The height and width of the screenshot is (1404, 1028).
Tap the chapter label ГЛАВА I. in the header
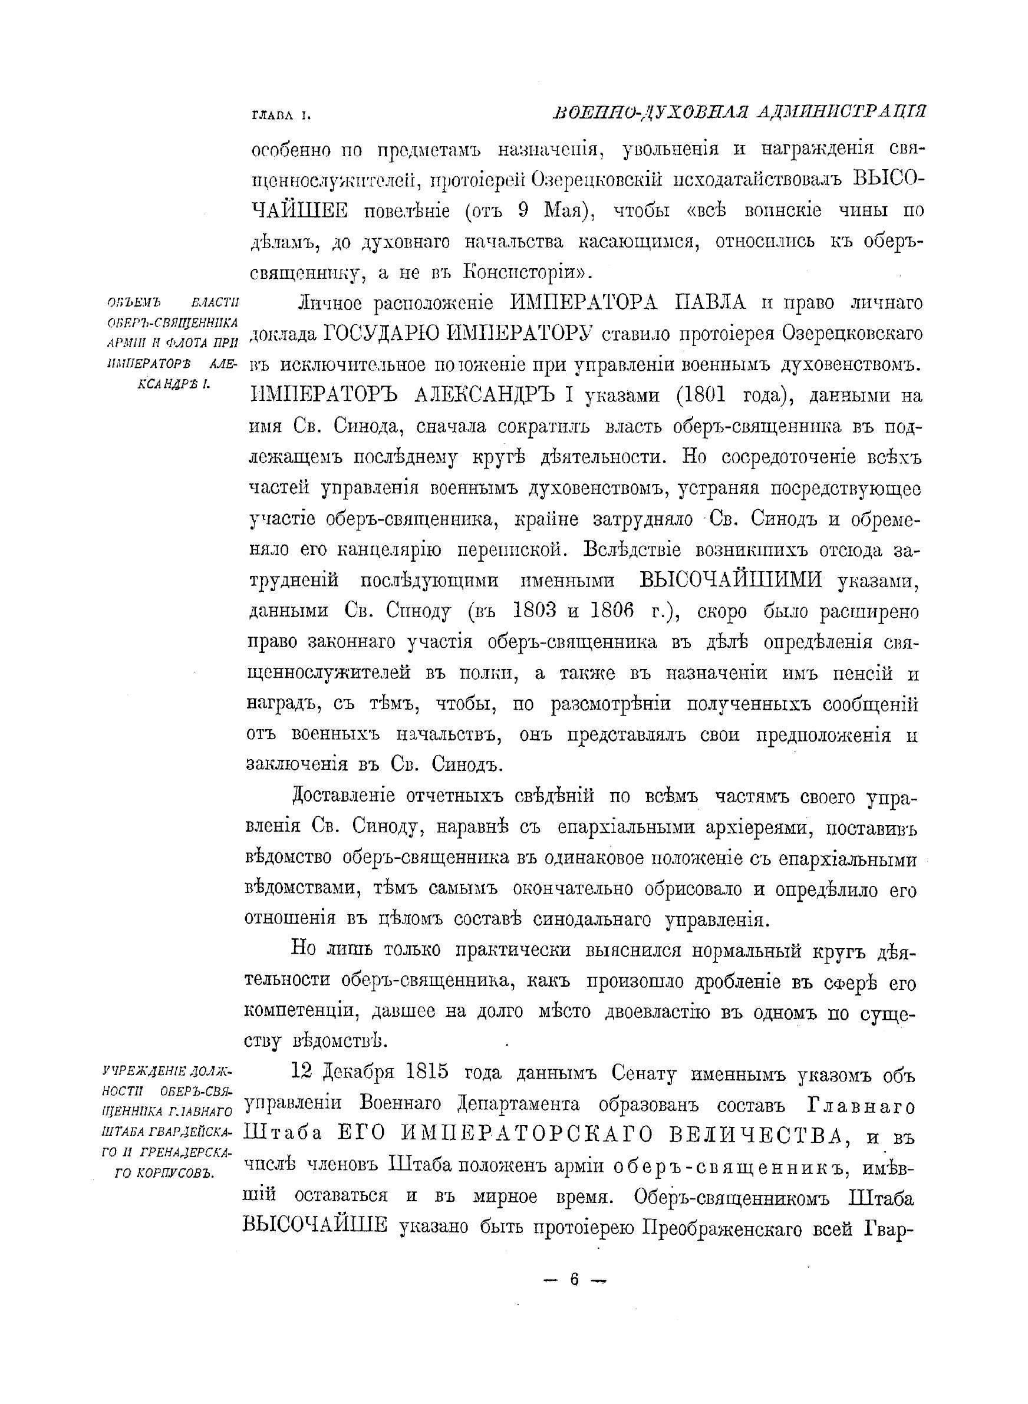tap(279, 115)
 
